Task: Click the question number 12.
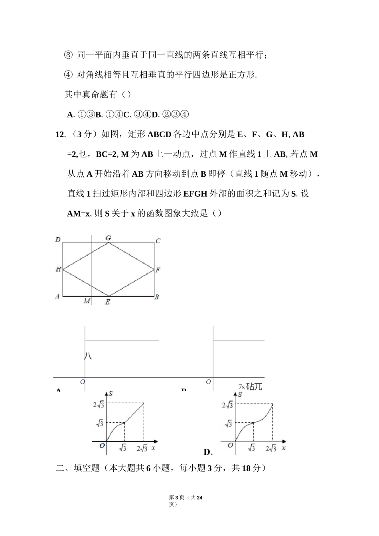coord(60,135)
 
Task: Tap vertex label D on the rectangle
coord(58,240)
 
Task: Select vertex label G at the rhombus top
coord(108,238)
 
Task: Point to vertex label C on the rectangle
coord(158,241)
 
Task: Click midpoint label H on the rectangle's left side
coord(58,270)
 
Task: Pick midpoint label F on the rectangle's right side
coord(158,270)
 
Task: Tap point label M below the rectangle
coord(87,301)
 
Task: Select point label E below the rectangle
coord(108,302)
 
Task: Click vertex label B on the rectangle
coord(157,297)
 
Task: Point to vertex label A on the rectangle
coord(57,296)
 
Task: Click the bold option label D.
coord(207,452)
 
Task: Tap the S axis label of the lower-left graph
coord(111,394)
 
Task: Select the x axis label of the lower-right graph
coord(283,448)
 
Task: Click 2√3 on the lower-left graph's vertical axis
coord(98,405)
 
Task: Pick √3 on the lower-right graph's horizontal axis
coord(251,448)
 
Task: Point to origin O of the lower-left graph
coord(102,445)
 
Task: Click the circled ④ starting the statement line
coord(68,75)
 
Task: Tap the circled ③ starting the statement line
coord(68,55)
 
